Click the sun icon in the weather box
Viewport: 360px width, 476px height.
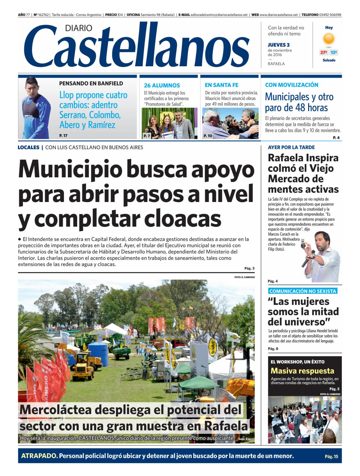click(329, 39)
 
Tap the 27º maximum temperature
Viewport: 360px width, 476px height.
click(324, 52)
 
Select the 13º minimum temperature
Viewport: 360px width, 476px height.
click(334, 52)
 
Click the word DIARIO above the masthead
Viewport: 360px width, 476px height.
click(78, 28)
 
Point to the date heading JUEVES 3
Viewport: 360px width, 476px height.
click(278, 45)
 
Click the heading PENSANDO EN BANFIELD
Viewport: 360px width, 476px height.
click(91, 84)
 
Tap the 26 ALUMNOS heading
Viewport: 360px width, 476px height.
click(162, 85)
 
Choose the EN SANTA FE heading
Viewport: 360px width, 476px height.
click(221, 85)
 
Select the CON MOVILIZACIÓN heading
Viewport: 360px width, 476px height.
click(292, 85)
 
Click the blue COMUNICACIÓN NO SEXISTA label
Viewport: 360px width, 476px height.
click(302, 291)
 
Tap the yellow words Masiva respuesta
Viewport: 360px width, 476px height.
click(302, 371)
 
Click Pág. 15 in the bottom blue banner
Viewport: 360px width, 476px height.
click(331, 456)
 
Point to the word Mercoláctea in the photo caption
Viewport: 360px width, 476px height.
click(56, 410)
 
